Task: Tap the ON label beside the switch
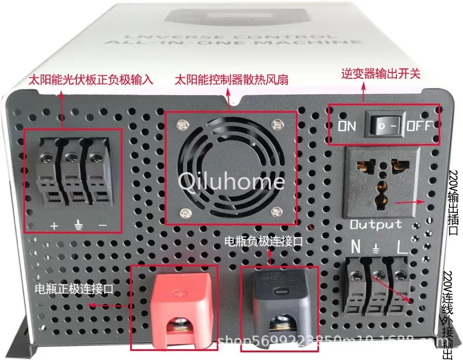pos(347,126)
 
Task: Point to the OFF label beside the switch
pos(419,126)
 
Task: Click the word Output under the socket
pos(376,224)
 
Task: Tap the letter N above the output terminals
pos(355,247)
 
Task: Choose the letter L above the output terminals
pos(402,247)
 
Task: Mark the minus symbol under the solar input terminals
pos(103,225)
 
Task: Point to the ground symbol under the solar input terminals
pos(78,225)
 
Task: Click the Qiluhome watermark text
pos(231,181)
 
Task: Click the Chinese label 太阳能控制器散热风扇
pos(231,80)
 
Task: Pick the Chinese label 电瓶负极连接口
pos(264,242)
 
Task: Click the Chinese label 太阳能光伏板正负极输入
pos(91,80)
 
